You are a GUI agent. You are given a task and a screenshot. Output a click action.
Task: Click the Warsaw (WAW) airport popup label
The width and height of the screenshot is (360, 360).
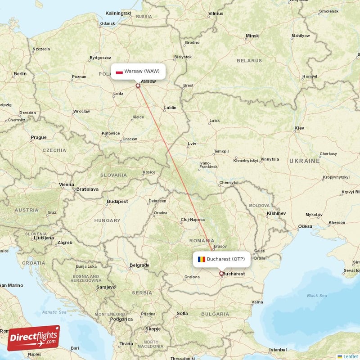coord(138,71)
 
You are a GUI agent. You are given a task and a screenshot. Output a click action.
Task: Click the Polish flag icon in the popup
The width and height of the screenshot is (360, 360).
coord(119,72)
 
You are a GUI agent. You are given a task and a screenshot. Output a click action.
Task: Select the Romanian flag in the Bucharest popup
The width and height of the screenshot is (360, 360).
coord(201,259)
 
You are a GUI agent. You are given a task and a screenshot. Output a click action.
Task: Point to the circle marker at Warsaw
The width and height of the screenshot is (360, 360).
coord(138,85)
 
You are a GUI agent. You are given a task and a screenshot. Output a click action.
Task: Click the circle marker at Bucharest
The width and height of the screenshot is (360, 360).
coord(221,273)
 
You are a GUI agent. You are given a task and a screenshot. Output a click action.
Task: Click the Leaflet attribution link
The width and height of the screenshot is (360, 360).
coord(349,356)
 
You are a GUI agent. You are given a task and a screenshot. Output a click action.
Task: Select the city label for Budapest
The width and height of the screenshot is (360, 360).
coord(117,202)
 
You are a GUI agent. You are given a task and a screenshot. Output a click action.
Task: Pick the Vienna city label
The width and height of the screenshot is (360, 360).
coord(66,184)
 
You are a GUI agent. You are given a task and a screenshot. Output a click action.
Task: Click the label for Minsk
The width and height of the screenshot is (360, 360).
coord(252,36)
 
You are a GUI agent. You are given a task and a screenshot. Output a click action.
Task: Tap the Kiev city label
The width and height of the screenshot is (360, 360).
coord(299,128)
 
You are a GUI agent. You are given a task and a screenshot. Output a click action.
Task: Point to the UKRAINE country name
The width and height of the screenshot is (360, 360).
coord(305,161)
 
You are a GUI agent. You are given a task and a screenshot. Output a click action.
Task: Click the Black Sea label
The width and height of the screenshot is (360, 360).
coord(317,296)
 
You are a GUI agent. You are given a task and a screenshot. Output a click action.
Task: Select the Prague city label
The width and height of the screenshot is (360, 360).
coord(39,137)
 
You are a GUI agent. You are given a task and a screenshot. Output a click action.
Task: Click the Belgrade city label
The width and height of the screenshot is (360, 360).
coord(139,265)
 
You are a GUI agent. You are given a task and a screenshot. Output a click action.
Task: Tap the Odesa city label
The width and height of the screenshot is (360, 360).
coord(305,226)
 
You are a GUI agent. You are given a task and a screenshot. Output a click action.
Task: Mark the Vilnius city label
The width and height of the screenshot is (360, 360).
coord(216,13)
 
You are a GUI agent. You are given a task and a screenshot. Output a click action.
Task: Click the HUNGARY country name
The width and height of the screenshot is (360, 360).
coord(107,220)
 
